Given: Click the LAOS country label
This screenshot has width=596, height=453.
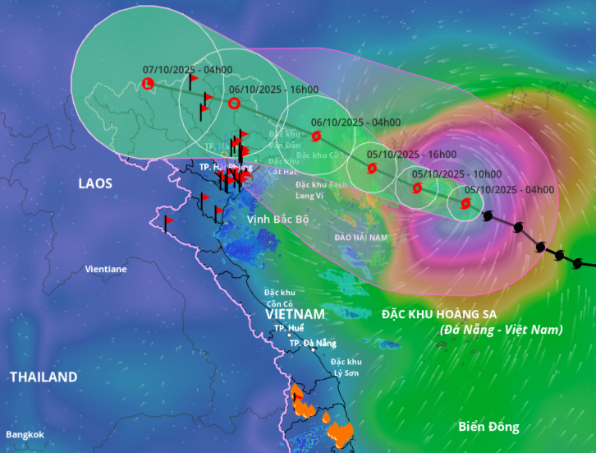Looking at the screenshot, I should pyautogui.click(x=94, y=183).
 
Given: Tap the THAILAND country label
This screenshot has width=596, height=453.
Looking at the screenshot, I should pyautogui.click(x=44, y=377).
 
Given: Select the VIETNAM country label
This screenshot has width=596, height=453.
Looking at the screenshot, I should pyautogui.click(x=296, y=314).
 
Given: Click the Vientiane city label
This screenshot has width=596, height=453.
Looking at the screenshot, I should pyautogui.click(x=106, y=269).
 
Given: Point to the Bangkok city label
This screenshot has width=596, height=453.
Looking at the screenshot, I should pyautogui.click(x=25, y=434).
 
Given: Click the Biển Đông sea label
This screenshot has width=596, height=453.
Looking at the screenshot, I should pyautogui.click(x=488, y=427).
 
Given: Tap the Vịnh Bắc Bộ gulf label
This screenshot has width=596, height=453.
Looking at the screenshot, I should pyautogui.click(x=277, y=220).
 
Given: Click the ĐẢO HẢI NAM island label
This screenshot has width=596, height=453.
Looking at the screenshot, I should pyautogui.click(x=360, y=237).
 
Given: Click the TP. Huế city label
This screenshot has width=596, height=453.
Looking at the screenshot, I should pyautogui.click(x=289, y=327).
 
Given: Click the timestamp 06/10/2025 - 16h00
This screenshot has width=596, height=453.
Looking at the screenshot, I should pyautogui.click(x=273, y=89).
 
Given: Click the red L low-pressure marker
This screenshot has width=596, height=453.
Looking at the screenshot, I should pyautogui.click(x=148, y=83).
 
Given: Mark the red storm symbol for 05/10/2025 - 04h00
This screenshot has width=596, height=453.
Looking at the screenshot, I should pyautogui.click(x=466, y=204).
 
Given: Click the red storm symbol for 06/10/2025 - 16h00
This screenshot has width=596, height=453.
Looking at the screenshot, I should pyautogui.click(x=233, y=104).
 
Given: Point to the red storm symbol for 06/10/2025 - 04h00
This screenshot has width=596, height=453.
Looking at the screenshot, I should pyautogui.click(x=317, y=136).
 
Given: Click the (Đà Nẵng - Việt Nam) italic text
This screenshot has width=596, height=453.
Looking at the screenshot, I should pyautogui.click(x=501, y=329).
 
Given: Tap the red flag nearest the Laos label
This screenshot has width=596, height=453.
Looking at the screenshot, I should pyautogui.click(x=167, y=222).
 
